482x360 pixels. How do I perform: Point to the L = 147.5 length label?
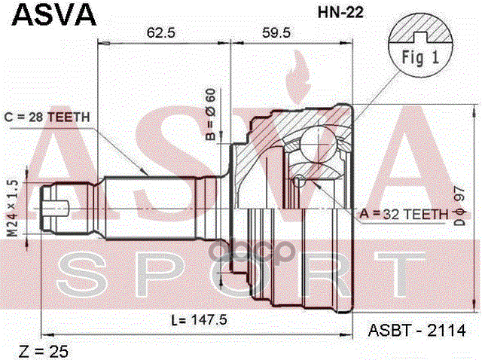coord(200,319)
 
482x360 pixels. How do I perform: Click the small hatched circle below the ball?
coord(300,180)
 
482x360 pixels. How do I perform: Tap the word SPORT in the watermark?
coord(241,273)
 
